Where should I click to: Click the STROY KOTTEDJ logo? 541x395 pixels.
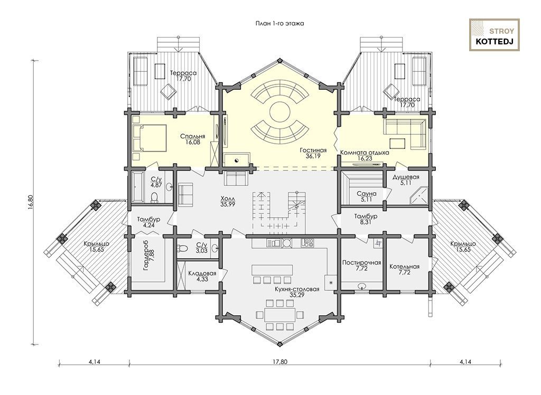point(494,35)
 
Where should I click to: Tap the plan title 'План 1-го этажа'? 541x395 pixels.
point(279,24)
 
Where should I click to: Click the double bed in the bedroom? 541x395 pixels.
point(150,138)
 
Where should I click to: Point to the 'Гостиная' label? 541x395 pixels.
point(313,151)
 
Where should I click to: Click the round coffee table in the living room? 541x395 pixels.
point(279,111)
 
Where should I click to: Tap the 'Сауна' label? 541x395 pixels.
point(367,193)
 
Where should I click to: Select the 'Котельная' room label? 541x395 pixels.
point(404,267)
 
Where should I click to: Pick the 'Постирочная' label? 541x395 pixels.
point(361,262)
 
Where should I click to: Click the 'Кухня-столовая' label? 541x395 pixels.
point(297,289)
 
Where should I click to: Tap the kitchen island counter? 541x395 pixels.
point(272,269)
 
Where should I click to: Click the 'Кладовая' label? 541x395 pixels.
point(202,273)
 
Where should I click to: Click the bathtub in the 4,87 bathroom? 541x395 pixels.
point(137,187)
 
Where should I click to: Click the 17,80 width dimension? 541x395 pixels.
point(279,362)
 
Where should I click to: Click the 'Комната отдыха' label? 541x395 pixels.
point(365,153)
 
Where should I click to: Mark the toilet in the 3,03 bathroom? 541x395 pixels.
point(182,248)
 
